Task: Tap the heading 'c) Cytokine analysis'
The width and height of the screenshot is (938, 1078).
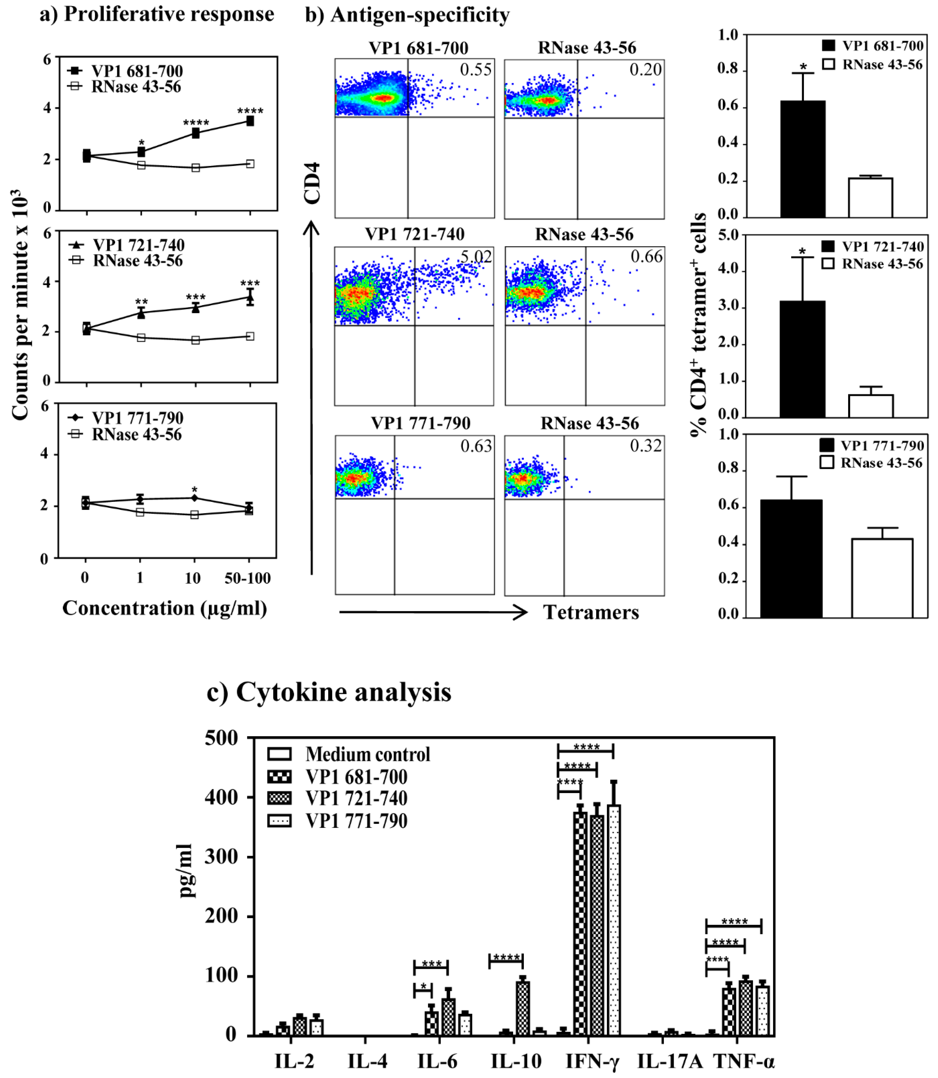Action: [x=329, y=692]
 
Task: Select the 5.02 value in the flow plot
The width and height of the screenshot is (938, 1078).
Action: [x=476, y=257]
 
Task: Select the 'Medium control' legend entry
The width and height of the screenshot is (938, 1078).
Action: [x=348, y=754]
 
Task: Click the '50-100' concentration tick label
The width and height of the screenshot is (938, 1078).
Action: [x=248, y=578]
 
